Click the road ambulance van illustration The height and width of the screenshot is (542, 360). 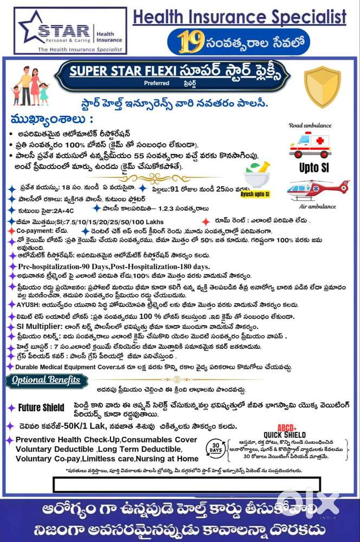click(310, 145)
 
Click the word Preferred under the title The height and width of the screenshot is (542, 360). click(156, 84)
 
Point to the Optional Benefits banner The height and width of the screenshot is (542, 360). click(46, 380)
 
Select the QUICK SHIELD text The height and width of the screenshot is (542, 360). click(285, 435)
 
